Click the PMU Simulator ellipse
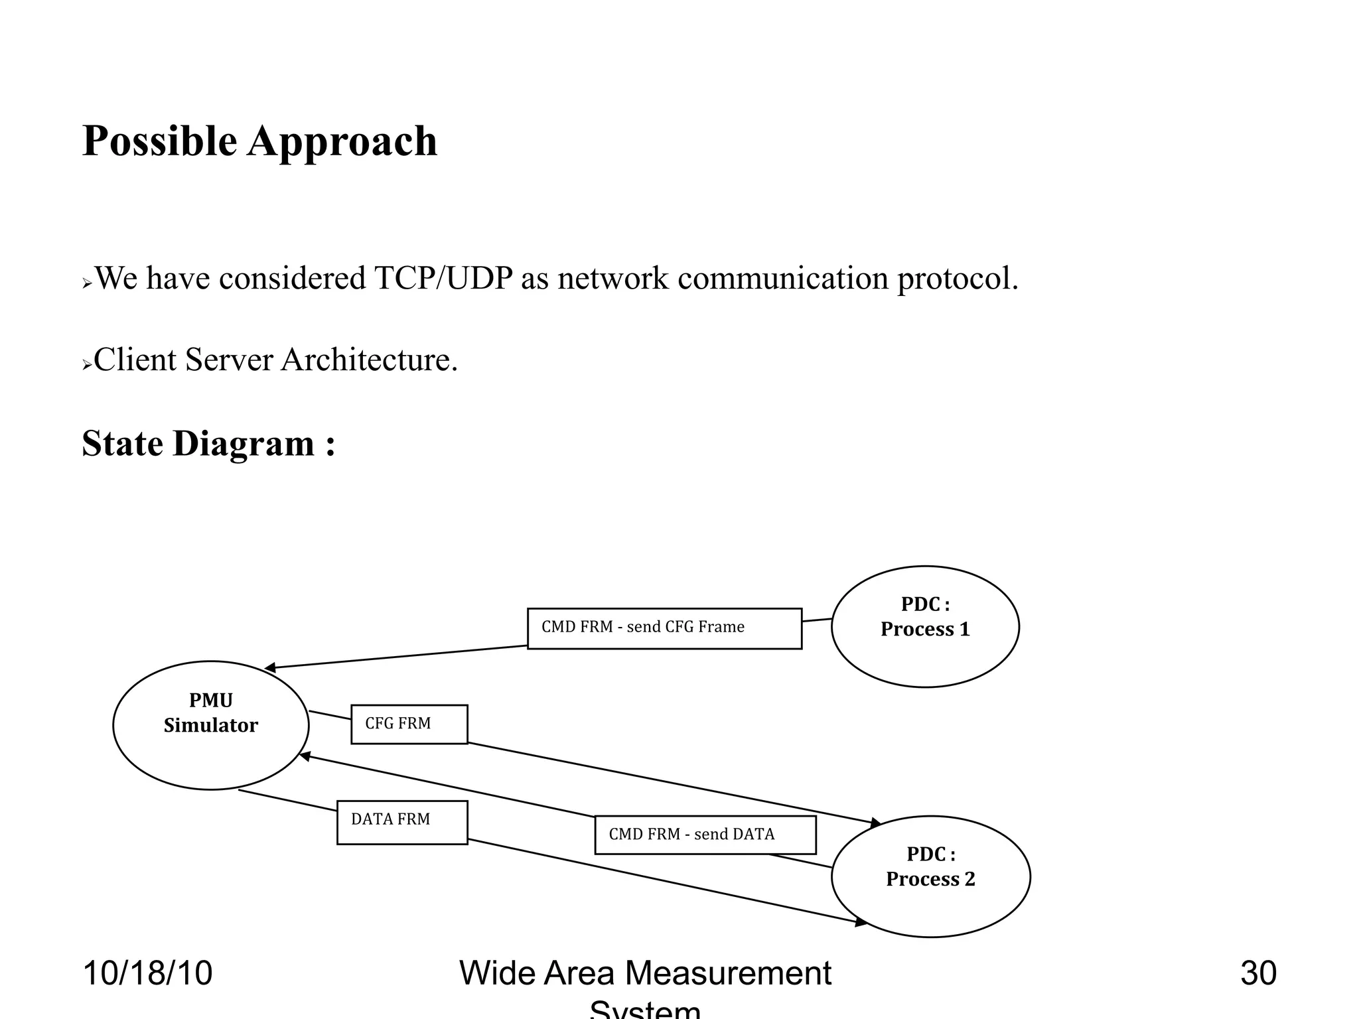(210, 724)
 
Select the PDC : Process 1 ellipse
(924, 626)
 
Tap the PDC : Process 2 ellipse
(930, 876)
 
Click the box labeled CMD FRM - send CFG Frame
(664, 628)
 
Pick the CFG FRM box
(409, 724)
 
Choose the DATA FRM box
(401, 822)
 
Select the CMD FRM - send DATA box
(705, 835)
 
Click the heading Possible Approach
(259, 141)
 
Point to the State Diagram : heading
(208, 443)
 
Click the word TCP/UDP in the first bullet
(443, 278)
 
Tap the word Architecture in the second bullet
(368, 360)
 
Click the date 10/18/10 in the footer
(147, 973)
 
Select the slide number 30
(1258, 973)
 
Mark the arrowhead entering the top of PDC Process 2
(876, 823)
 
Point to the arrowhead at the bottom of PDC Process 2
(861, 922)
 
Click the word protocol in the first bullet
(957, 278)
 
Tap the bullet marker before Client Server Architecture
(86, 365)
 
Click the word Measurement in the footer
(728, 973)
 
